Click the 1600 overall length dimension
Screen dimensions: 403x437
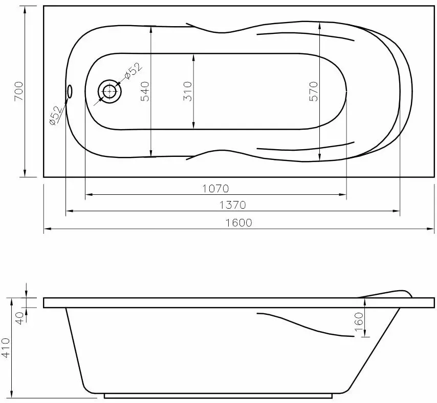(x=238, y=223)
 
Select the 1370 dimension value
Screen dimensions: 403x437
(x=233, y=205)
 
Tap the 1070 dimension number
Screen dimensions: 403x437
(x=215, y=188)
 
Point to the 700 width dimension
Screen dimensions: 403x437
(x=18, y=91)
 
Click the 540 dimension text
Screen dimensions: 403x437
(x=145, y=91)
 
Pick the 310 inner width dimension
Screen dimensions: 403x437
(x=187, y=91)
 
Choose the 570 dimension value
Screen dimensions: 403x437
(x=313, y=91)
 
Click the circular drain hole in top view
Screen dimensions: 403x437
(x=110, y=91)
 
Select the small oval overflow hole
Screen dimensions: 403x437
(x=70, y=91)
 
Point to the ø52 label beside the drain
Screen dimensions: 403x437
(x=132, y=70)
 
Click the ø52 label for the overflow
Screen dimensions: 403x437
(x=56, y=115)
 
